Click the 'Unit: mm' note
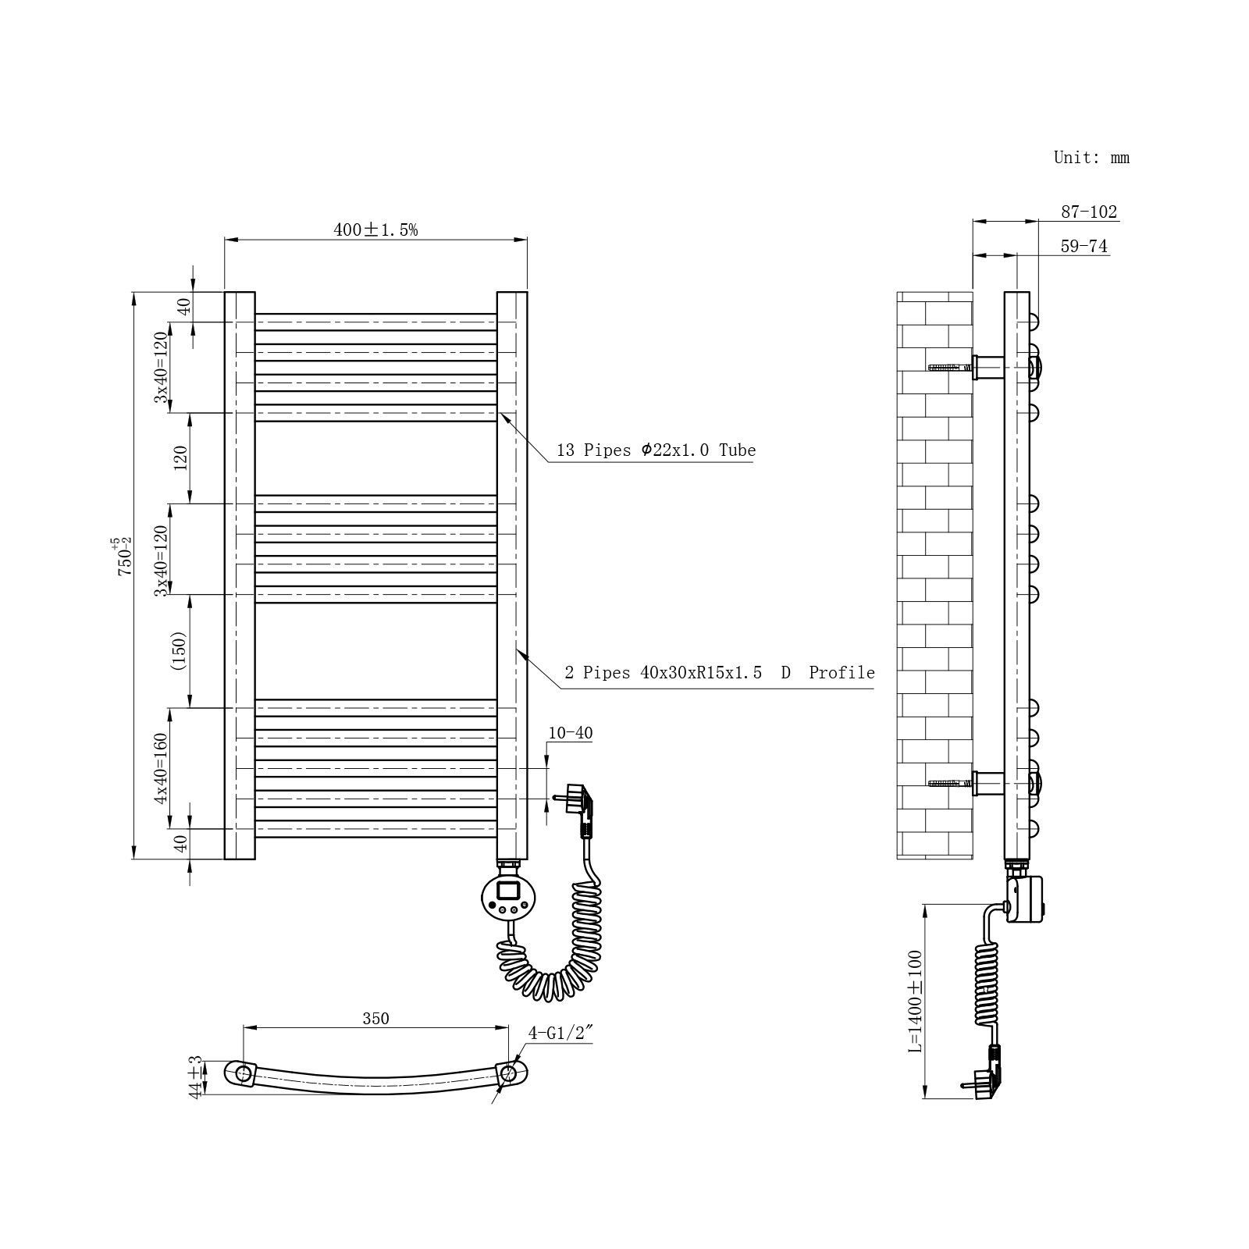click(x=1091, y=157)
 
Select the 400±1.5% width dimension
click(x=375, y=230)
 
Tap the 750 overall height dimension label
click(x=124, y=557)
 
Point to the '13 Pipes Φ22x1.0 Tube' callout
click(x=656, y=450)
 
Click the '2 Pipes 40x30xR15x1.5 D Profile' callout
click(x=719, y=673)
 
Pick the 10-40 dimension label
click(x=570, y=733)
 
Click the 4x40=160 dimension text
click(x=161, y=768)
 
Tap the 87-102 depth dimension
click(x=1088, y=212)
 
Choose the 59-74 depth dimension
click(x=1084, y=246)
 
